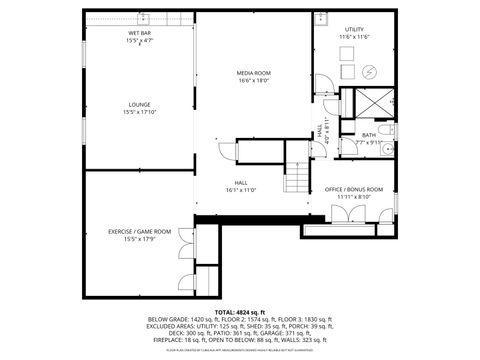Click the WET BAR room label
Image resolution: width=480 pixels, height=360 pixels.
140,34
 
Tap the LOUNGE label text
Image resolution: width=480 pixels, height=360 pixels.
140,104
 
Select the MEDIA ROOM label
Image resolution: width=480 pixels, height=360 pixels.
255,74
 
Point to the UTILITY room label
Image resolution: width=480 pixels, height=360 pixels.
356,30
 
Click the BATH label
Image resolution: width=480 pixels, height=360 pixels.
369,135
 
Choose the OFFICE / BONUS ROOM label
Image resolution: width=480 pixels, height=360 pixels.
354,189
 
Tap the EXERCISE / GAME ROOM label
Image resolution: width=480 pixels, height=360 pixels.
140,231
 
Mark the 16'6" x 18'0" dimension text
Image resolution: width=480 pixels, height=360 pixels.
255,82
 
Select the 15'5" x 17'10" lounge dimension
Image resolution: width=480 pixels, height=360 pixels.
140,112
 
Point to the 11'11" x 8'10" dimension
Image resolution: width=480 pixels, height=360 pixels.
354,197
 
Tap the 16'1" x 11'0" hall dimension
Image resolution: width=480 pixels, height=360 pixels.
241,190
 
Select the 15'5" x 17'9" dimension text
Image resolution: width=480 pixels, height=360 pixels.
140,239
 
